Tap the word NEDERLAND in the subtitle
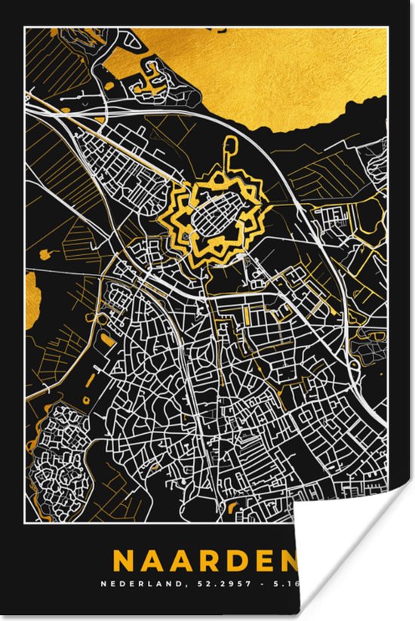pyautogui.click(x=148, y=583)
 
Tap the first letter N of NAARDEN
pyautogui.click(x=124, y=561)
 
